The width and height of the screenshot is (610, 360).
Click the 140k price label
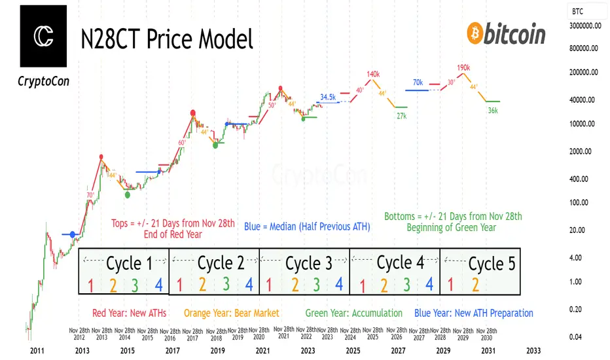point(374,74)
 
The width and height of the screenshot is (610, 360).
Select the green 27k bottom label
point(402,116)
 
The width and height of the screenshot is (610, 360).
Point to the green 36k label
point(493,111)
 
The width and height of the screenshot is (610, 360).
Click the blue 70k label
point(418,82)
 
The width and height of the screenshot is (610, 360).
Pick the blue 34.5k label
point(328,97)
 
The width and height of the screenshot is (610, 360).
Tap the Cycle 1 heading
point(128,263)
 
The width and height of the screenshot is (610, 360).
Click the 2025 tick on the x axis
point(353,351)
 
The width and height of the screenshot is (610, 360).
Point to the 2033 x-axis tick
point(533,351)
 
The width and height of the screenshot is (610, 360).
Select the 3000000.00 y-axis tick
point(587,26)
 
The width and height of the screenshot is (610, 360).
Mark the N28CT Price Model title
point(166,39)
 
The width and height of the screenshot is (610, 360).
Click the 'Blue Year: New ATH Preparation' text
point(474,313)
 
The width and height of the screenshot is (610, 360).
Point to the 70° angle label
point(90,194)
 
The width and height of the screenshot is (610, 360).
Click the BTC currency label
point(578,11)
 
